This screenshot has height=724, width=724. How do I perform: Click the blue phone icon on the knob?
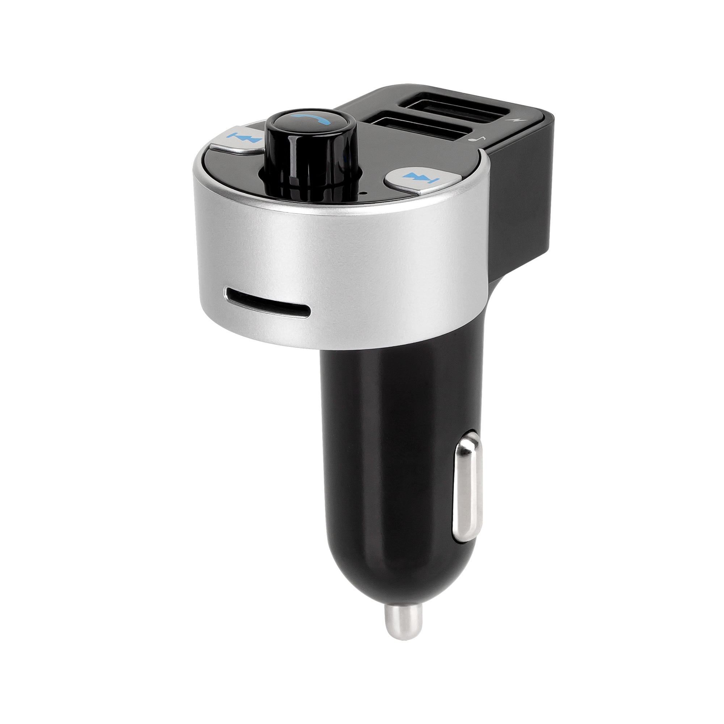coord(311,119)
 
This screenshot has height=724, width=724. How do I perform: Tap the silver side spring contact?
coord(466,491)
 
